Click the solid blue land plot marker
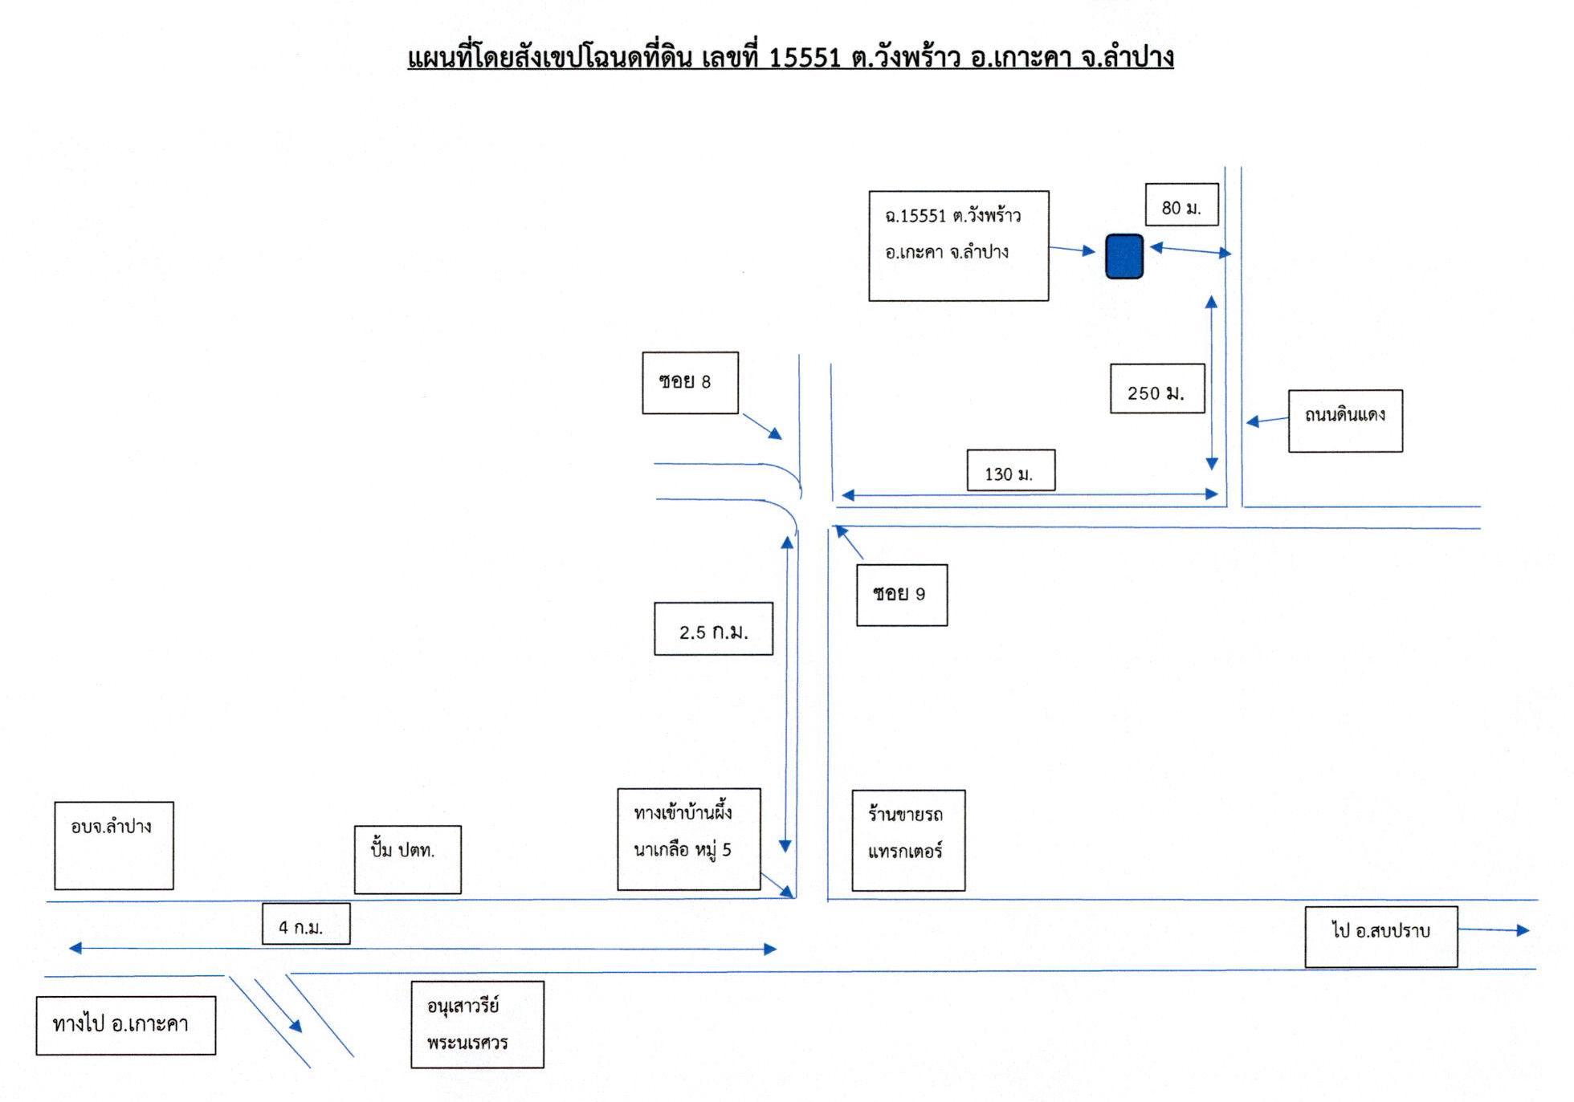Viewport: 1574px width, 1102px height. pos(1124,256)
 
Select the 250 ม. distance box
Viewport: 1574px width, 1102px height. pos(1157,388)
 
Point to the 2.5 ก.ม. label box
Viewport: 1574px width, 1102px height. pos(713,628)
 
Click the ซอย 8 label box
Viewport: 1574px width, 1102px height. pos(690,383)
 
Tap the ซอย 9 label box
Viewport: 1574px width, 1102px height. pos(902,595)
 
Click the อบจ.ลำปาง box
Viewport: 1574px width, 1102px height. pos(114,845)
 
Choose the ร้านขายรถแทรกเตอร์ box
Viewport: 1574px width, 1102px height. pos(908,840)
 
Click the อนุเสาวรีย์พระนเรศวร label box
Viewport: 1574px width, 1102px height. pos(477,1024)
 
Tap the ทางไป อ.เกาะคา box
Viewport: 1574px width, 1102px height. pos(126,1025)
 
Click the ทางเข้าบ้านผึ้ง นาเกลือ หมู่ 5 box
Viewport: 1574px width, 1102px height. pos(689,839)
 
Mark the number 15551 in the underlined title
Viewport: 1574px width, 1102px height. pos(805,58)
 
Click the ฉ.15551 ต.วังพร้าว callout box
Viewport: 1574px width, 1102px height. pos(959,246)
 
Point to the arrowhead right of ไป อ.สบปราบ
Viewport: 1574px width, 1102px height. pos(1523,931)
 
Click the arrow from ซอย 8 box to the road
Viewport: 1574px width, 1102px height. pos(762,426)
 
